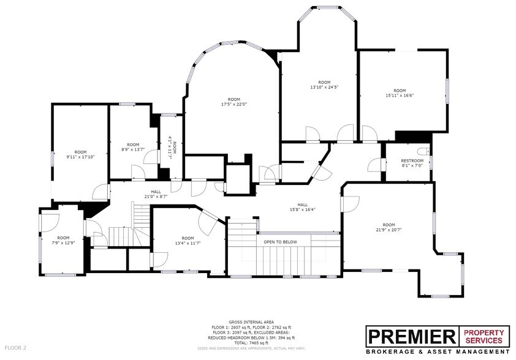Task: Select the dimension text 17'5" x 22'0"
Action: click(x=233, y=104)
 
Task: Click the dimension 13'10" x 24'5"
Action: click(x=324, y=87)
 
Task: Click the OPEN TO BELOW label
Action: click(x=280, y=242)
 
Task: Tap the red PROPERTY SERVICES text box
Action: click(x=484, y=336)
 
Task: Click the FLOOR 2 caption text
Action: click(x=17, y=348)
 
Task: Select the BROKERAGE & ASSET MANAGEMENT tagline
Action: click(x=438, y=352)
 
